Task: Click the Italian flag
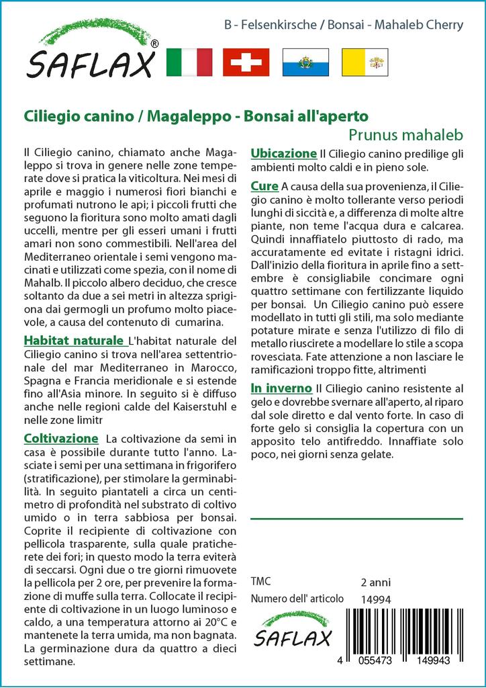tap(189, 62)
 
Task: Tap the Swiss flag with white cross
tap(246, 62)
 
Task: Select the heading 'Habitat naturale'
tap(75, 340)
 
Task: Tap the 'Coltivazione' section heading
tap(61, 439)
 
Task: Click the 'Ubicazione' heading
tap(283, 153)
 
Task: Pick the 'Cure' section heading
tap(264, 185)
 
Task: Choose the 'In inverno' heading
tap(281, 388)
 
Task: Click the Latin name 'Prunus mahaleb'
tap(406, 133)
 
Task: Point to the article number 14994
tap(375, 599)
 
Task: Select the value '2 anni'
tap(375, 582)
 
